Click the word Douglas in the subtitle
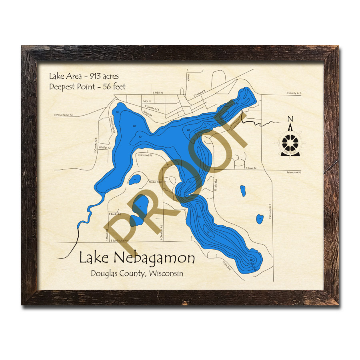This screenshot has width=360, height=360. pos(104,274)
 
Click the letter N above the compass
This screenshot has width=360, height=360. pos(291,118)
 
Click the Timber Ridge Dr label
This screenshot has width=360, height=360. pos(157,182)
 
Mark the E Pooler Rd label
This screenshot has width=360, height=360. pos(115,214)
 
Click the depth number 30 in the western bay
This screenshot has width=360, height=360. pos(140,137)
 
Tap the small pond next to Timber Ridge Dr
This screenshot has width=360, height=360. pos(134,180)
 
